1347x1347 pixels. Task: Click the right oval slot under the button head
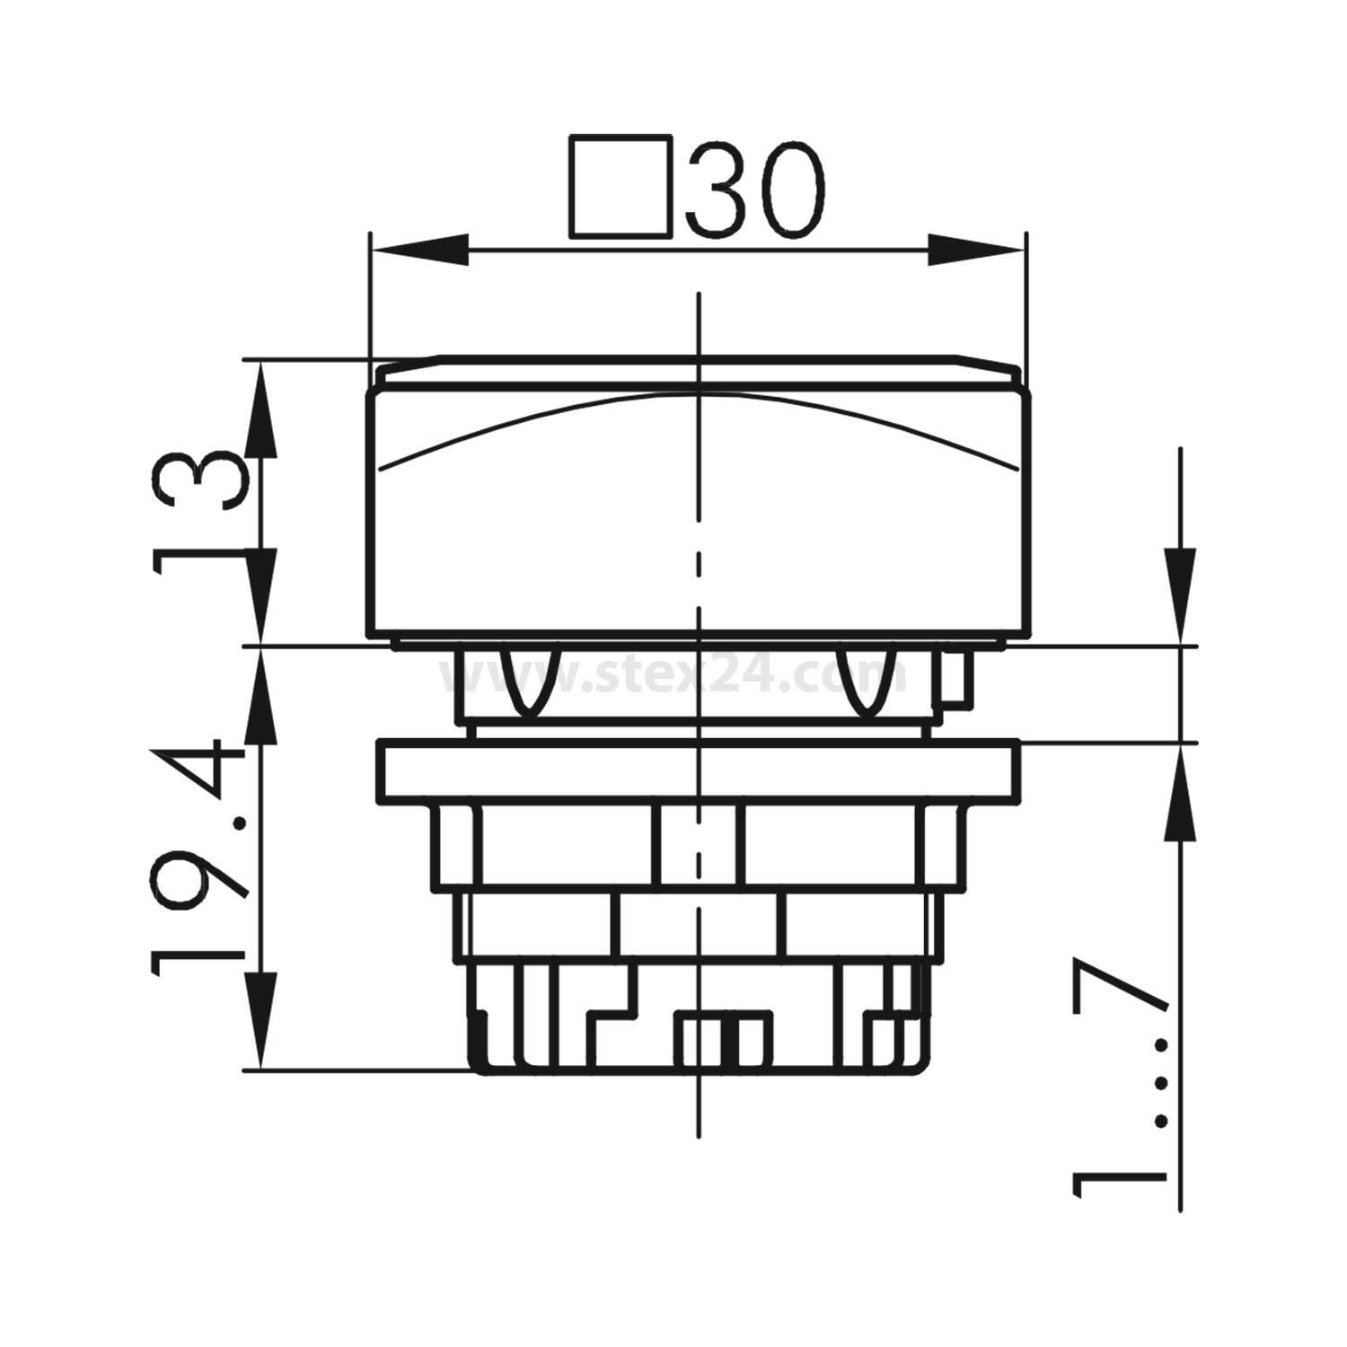point(867,682)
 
